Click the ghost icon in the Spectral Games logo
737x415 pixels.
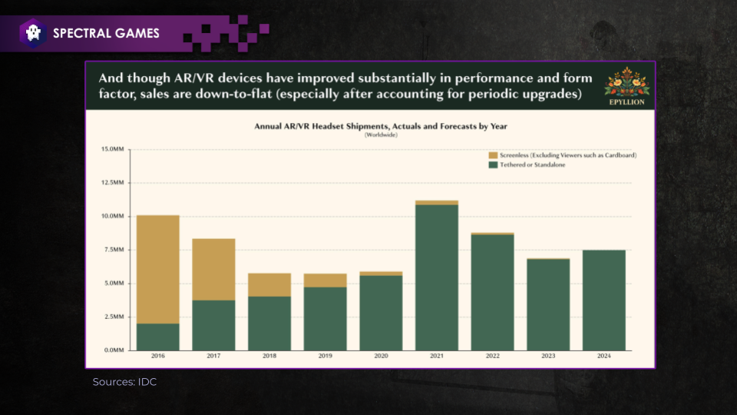pyautogui.click(x=33, y=33)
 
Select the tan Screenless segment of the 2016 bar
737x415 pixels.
pyautogui.click(x=158, y=270)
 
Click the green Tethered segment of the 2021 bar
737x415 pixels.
pyautogui.click(x=437, y=277)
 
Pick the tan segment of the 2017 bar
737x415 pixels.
pyautogui.click(x=214, y=270)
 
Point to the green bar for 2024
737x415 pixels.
pyautogui.click(x=604, y=300)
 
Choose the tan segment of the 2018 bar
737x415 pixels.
pyautogui.click(x=269, y=285)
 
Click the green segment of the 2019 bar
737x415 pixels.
pyautogui.click(x=326, y=319)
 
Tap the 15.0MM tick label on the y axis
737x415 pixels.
pyautogui.click(x=112, y=149)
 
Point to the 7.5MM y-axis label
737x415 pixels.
pyautogui.click(x=114, y=250)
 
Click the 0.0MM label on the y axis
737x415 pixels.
pyautogui.click(x=114, y=350)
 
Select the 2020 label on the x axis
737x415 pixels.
pyautogui.click(x=382, y=356)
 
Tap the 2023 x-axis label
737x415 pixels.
pyautogui.click(x=548, y=356)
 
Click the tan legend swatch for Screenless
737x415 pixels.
pyautogui.click(x=493, y=155)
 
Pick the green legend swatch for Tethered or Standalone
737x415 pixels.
pyautogui.click(x=493, y=165)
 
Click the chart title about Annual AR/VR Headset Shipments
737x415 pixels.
pyautogui.click(x=381, y=126)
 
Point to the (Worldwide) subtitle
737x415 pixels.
pyautogui.click(x=382, y=135)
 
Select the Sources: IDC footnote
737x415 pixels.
pyautogui.click(x=124, y=382)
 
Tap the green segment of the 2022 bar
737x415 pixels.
pyautogui.click(x=493, y=293)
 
